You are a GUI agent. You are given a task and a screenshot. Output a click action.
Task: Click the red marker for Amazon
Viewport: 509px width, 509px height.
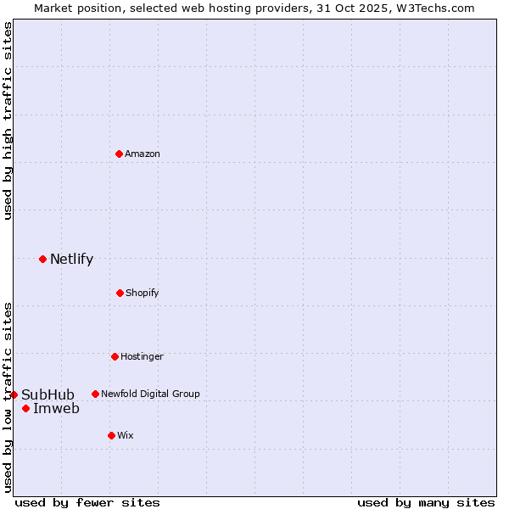point(119,154)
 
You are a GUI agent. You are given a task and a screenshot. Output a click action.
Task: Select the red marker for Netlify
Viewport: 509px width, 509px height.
point(42,259)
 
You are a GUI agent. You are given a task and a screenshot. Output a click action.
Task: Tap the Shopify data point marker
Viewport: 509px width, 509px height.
point(120,293)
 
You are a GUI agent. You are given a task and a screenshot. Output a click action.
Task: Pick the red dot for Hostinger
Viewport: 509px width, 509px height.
point(115,356)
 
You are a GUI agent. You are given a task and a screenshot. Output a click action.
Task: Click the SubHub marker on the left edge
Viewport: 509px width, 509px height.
point(14,394)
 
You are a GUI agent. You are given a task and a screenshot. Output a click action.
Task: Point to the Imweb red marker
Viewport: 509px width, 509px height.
point(25,409)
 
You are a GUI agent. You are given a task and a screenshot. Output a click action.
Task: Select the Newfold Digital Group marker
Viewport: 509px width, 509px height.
point(95,394)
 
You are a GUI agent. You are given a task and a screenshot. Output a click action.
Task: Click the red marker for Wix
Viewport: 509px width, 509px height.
point(111,435)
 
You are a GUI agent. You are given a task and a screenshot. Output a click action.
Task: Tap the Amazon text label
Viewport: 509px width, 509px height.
point(143,154)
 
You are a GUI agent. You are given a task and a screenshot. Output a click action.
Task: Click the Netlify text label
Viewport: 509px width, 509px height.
point(71,260)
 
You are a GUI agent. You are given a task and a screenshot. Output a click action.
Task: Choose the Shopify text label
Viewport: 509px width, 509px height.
point(143,293)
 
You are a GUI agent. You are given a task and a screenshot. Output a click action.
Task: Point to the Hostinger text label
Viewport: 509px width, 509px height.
point(142,356)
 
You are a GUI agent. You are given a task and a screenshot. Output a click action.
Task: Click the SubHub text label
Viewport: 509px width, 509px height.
point(48,394)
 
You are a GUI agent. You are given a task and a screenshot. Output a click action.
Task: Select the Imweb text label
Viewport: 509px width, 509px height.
point(56,409)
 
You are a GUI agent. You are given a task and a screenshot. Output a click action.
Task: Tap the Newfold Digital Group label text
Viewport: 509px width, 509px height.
point(150,394)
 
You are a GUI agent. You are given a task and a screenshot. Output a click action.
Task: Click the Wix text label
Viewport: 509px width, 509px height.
point(126,435)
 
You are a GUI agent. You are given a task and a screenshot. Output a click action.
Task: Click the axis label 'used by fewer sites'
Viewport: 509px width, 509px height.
point(87,502)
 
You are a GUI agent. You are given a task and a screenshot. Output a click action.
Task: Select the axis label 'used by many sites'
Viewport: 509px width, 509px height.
point(426,502)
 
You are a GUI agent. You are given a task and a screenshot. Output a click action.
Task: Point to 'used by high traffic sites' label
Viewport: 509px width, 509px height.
point(8,120)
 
